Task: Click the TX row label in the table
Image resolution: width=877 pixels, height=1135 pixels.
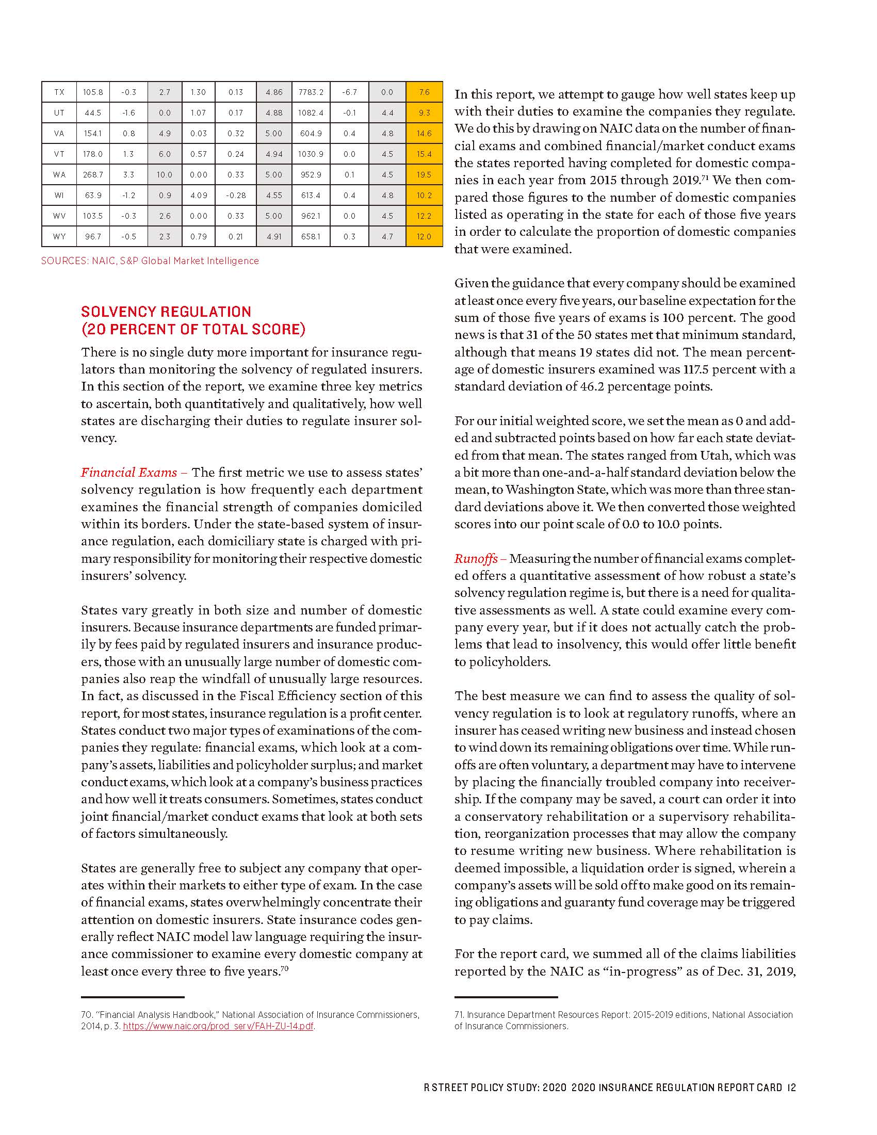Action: click(59, 92)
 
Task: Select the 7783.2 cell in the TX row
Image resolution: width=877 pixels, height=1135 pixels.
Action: click(311, 92)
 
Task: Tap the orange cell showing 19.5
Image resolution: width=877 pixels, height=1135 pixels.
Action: click(424, 174)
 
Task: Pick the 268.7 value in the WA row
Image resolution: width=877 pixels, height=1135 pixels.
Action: click(93, 174)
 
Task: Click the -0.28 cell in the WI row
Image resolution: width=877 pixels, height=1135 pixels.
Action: click(235, 196)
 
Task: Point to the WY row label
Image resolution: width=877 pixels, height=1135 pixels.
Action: click(59, 236)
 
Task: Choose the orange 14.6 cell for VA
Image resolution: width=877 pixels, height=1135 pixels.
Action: click(424, 133)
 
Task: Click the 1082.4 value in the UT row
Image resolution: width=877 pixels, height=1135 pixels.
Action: click(311, 113)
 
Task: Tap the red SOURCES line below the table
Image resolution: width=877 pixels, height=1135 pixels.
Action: click(150, 261)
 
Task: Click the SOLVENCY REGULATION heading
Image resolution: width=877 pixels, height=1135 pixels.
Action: click(166, 312)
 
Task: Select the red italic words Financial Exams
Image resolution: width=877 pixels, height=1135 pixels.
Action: click(129, 473)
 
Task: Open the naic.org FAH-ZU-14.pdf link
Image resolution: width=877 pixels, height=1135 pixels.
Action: click(218, 1026)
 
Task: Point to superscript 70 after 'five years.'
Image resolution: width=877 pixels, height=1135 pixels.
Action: click(284, 968)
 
